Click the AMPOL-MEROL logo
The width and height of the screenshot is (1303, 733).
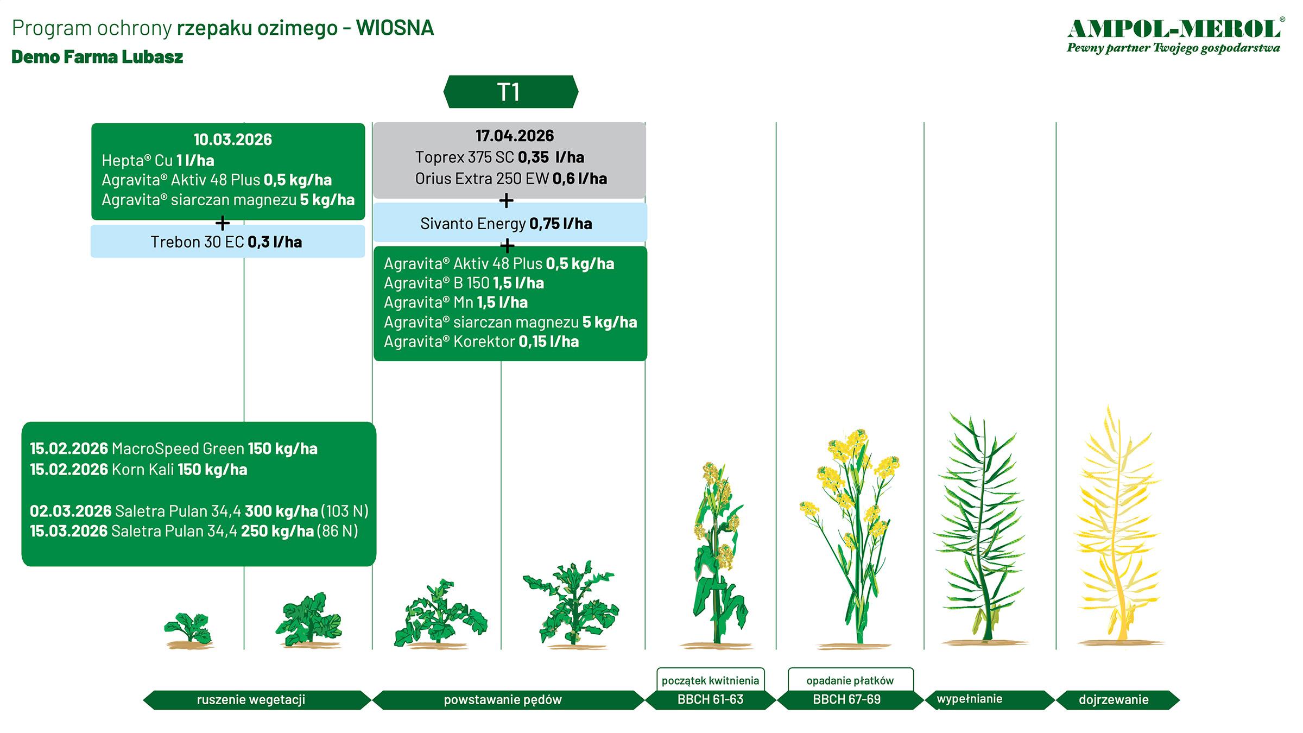click(1176, 36)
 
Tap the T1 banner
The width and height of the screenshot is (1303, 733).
click(510, 92)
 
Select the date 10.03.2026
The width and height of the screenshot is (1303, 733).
click(233, 140)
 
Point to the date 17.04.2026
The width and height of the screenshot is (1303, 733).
click(515, 136)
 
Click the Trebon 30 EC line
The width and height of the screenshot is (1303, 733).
click(226, 242)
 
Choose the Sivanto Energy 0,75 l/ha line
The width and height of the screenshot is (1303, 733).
click(506, 224)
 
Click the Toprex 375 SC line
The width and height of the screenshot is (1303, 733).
click(499, 157)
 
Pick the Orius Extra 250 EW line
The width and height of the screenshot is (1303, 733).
click(511, 179)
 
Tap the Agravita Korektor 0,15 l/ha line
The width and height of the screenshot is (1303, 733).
click(481, 342)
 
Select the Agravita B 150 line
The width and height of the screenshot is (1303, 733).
click(464, 283)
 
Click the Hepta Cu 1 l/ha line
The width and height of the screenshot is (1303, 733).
click(157, 161)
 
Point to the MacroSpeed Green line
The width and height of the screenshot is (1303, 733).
click(174, 448)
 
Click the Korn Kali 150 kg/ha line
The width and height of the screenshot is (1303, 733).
click(138, 470)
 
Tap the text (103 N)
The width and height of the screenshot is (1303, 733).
click(345, 511)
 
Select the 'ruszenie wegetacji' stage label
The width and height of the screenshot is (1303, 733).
click(251, 700)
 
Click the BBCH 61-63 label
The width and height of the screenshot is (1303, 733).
click(710, 699)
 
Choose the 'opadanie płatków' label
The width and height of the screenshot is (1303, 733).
click(850, 681)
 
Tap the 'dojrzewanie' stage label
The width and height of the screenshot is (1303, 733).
click(1114, 700)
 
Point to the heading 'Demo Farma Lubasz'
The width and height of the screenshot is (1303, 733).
click(97, 57)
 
